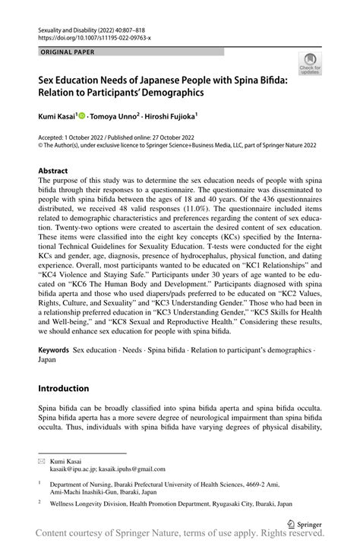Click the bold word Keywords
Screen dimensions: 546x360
click(53, 352)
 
